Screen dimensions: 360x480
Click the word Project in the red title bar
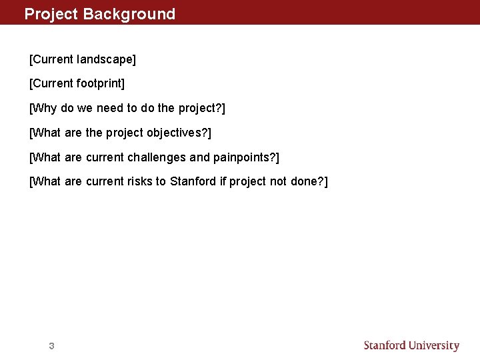(x=51, y=14)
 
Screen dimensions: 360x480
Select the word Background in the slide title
(x=129, y=14)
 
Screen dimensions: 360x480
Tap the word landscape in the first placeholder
(x=105, y=60)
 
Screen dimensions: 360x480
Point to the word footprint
(x=99, y=84)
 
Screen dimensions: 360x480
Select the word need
(x=109, y=108)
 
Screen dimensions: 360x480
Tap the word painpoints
(x=245, y=157)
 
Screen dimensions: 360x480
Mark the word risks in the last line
(x=139, y=181)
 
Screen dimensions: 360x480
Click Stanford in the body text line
(x=193, y=181)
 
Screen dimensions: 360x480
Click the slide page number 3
(x=51, y=346)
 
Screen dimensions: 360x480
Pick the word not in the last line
(x=279, y=181)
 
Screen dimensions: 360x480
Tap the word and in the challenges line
(x=200, y=157)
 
